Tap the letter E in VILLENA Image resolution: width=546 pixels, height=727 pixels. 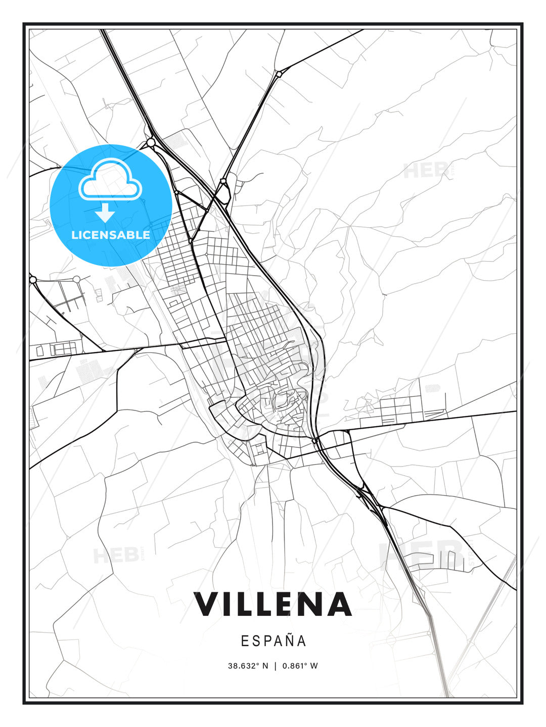(284, 604)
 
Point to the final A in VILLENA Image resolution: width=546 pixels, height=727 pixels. (339, 604)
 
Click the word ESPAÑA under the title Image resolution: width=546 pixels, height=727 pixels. (274, 641)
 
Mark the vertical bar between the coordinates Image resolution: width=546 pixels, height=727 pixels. (276, 666)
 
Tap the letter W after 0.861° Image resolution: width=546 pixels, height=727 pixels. (314, 666)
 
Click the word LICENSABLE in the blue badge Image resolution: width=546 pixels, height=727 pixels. (111, 235)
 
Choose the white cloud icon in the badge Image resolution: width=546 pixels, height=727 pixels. (110, 180)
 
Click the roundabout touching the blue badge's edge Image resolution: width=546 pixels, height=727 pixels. (151, 143)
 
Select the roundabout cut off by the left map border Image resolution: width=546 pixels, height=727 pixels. (33, 279)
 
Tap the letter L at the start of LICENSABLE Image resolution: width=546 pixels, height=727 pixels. (74, 235)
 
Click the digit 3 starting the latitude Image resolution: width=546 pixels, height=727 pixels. (230, 666)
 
